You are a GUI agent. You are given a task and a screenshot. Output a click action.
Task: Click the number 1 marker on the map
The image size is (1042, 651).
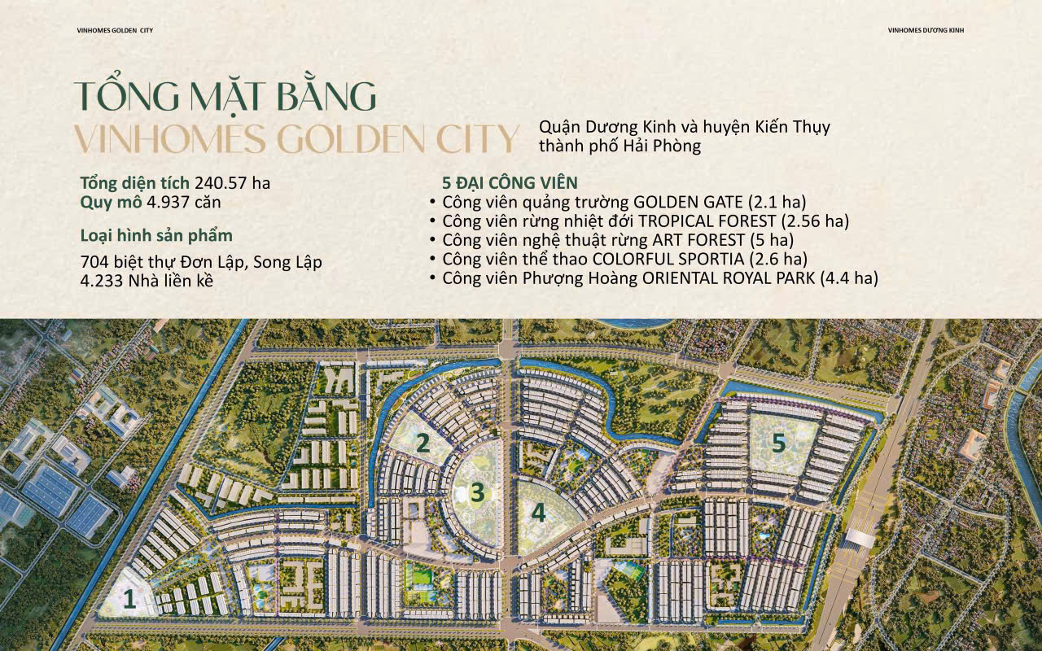point(129,600)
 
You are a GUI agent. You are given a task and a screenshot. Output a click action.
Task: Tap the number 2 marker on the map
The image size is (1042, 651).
point(422,443)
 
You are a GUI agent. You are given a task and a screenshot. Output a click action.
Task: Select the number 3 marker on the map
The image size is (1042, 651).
point(478,492)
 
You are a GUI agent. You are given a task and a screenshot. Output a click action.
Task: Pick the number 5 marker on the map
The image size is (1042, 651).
point(779,443)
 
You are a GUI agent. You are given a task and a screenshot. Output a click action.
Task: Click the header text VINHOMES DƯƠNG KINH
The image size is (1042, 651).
point(926,31)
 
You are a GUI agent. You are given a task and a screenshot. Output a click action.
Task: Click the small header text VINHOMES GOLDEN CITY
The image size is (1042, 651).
point(115,31)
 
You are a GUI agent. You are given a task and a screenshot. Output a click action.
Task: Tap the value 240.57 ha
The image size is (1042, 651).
point(232,183)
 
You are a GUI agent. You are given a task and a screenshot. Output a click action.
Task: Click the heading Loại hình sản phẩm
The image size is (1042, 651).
point(156,236)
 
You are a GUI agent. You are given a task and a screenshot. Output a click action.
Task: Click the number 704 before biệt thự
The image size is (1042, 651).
point(95,263)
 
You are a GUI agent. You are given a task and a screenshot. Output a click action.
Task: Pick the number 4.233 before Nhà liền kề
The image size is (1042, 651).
point(102,282)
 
